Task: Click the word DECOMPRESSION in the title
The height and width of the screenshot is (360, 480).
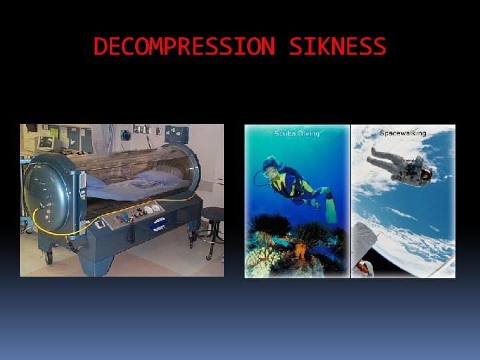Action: (x=183, y=47)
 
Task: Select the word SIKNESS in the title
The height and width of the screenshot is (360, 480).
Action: (x=338, y=47)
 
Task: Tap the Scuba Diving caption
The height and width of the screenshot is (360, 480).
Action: (x=297, y=133)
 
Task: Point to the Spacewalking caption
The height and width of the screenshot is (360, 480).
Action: (x=403, y=133)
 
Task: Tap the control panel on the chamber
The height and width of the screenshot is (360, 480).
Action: (x=134, y=215)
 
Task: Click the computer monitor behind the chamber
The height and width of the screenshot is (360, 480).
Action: (x=47, y=143)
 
